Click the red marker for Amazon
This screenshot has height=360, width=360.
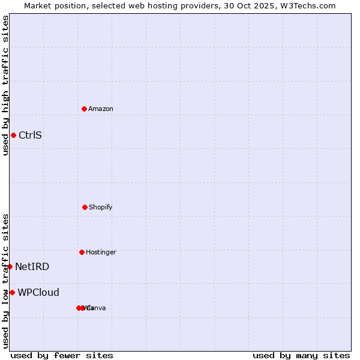[84, 109]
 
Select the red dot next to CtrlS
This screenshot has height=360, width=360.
[13, 135]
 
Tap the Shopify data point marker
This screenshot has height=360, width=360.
[85, 207]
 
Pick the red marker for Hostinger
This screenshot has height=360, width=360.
[82, 252]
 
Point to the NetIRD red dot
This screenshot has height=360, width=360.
[10, 266]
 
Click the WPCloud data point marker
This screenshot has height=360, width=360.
[12, 292]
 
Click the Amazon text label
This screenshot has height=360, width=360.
[101, 109]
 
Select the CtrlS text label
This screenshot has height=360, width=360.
[30, 135]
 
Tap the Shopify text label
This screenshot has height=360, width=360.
[101, 207]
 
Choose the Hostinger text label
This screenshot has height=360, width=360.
[101, 252]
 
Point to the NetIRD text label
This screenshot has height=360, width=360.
[32, 266]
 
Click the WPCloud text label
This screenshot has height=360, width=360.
[38, 292]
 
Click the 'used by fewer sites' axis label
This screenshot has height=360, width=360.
[62, 355]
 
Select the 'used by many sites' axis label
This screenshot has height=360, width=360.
[301, 355]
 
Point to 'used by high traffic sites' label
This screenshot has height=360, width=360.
[5, 85]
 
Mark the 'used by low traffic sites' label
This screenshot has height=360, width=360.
[5, 281]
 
